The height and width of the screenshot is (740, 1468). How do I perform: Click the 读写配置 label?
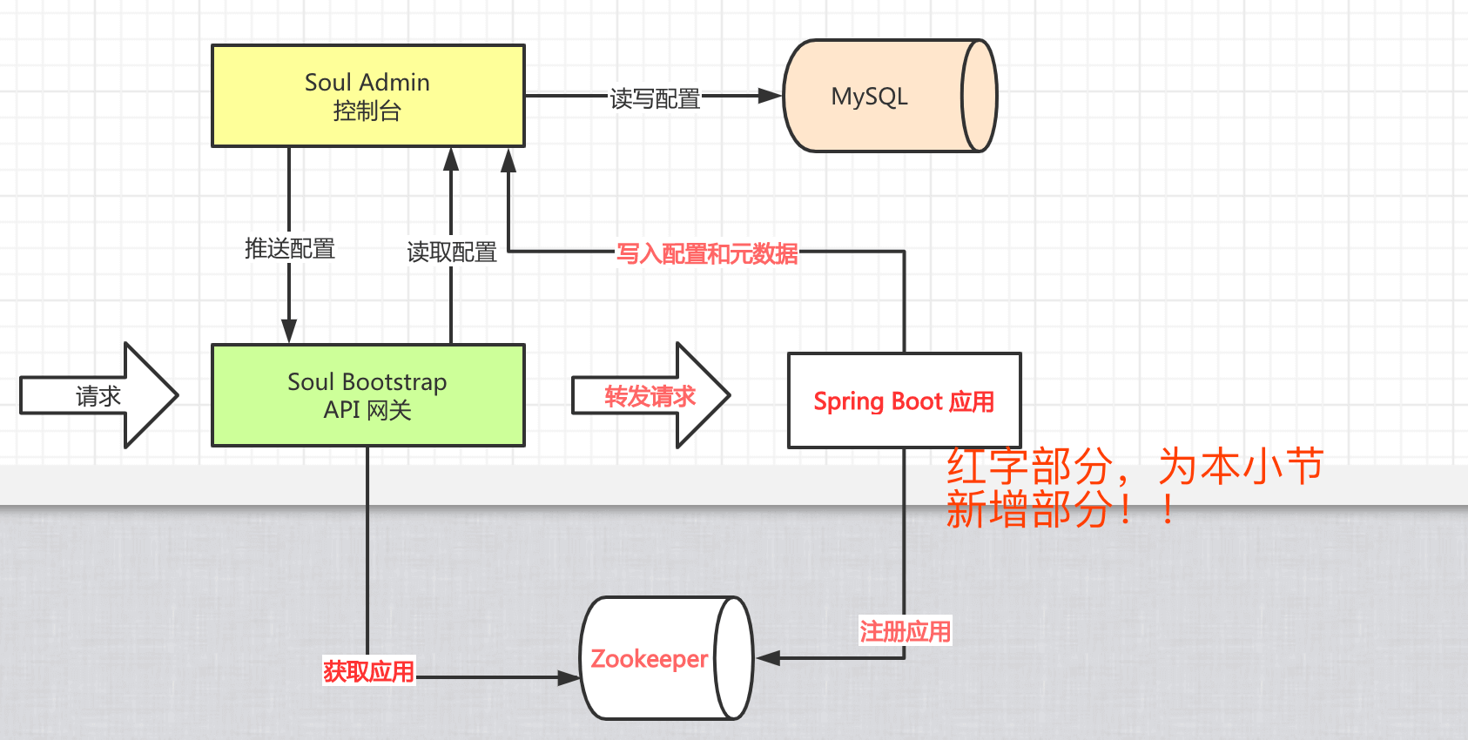pyautogui.click(x=655, y=98)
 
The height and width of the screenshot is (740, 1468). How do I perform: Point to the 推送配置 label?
pyautogui.click(x=290, y=249)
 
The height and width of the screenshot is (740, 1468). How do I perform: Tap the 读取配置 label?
pyautogui.click(x=452, y=252)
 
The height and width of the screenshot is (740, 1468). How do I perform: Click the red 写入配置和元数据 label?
pyautogui.click(x=706, y=253)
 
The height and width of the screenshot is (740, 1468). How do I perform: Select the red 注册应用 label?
pyautogui.click(x=905, y=631)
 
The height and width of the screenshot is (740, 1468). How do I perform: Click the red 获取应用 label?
pyautogui.click(x=368, y=671)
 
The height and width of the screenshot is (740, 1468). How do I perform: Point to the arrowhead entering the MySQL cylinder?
pyautogui.click(x=770, y=96)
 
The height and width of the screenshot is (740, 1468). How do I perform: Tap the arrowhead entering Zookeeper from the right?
pyautogui.click(x=767, y=658)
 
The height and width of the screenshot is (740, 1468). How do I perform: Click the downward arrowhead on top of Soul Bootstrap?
pyautogui.click(x=289, y=331)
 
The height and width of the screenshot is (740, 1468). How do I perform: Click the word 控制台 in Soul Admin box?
pyautogui.click(x=367, y=111)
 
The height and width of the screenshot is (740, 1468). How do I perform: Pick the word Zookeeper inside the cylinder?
pyautogui.click(x=649, y=659)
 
